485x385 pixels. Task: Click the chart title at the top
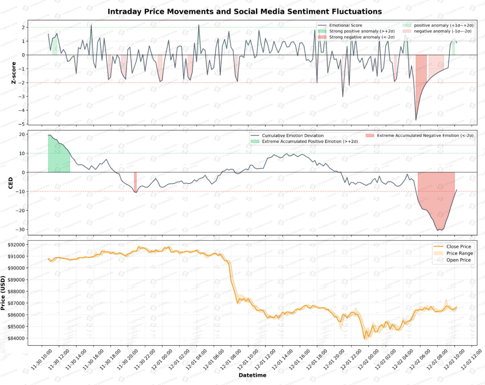244,11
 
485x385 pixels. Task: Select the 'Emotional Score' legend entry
345,25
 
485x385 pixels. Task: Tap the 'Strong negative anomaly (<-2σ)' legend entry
361,37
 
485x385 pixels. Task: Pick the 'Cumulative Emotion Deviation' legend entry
293,136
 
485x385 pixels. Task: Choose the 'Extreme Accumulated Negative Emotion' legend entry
425,135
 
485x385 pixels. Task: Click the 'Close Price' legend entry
458,246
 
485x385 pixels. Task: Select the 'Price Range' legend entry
459,253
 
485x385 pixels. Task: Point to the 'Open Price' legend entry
458,260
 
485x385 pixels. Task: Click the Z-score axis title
14,73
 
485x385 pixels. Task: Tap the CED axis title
11,183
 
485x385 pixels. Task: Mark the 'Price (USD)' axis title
3,293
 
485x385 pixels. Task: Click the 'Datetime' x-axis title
252,375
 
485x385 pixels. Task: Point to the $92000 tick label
16,245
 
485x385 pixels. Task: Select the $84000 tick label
16,338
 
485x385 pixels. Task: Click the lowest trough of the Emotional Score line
416,120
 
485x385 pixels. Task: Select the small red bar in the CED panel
135,182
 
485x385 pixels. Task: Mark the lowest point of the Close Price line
365,339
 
